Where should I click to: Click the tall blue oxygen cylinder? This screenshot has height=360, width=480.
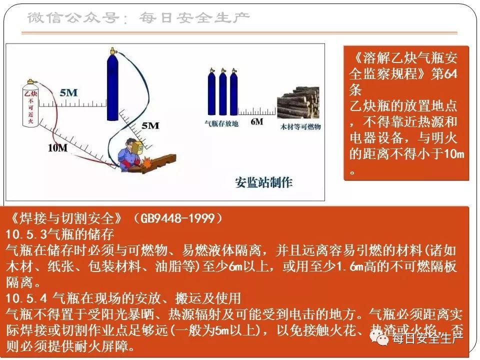tap(112, 87)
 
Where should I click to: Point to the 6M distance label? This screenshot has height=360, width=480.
tap(256, 122)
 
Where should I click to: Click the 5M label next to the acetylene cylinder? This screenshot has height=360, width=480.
tap(68, 92)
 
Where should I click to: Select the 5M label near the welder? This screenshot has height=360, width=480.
tap(150, 125)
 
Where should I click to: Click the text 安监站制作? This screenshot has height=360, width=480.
tap(263, 182)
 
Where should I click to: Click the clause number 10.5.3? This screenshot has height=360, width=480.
tap(25, 234)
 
